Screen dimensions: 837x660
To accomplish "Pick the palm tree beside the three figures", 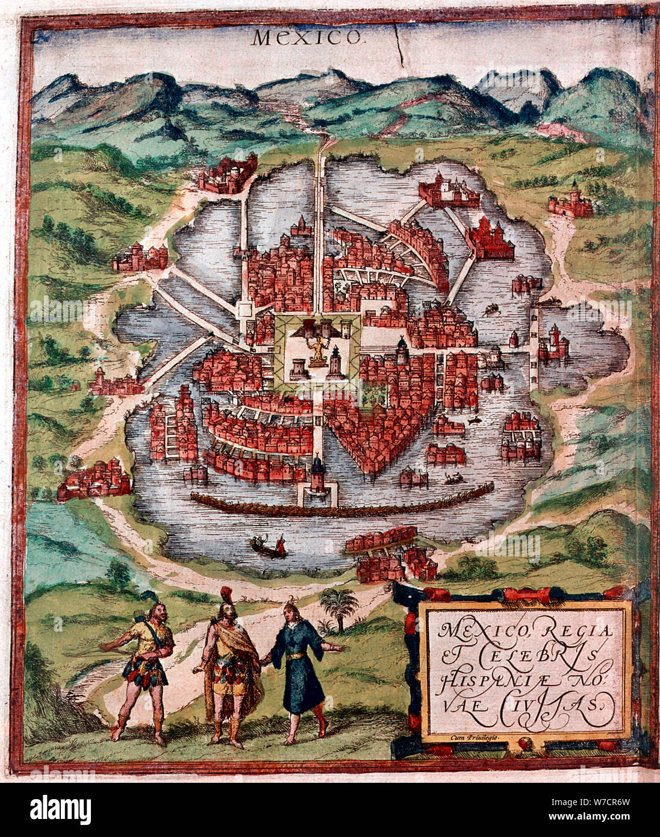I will [x=340, y=605].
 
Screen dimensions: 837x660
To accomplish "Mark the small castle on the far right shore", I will [x=570, y=202].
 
